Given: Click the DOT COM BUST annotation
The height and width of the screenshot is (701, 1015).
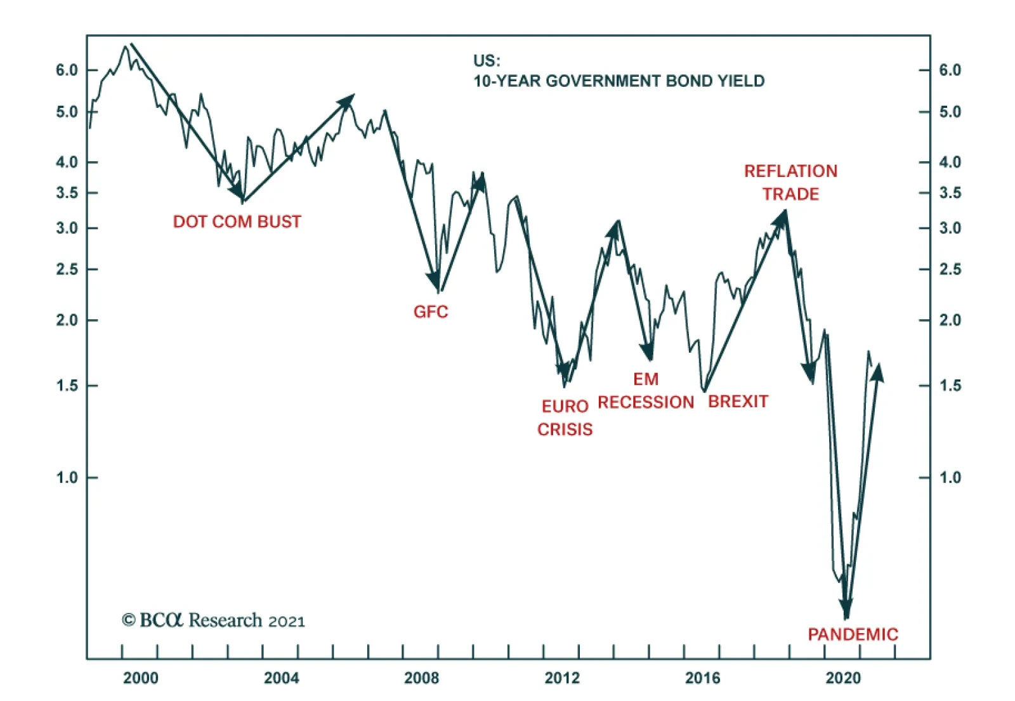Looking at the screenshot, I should pos(237,221).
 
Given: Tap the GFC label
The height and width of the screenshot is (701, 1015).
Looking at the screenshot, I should pos(431,311).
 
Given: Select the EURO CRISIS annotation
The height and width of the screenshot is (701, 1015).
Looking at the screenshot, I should pos(565,417).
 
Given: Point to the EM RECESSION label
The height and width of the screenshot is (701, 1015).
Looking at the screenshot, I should pos(646,391).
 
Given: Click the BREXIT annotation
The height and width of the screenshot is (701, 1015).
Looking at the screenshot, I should pos(738,402).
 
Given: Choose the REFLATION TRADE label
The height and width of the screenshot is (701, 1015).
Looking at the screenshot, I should pos(790,183).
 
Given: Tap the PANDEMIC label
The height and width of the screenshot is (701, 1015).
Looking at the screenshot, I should pos(853,634).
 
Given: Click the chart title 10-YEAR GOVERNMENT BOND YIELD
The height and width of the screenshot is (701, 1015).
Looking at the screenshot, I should pos(619,81).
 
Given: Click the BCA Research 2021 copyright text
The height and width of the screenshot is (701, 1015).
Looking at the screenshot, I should pos(213,620).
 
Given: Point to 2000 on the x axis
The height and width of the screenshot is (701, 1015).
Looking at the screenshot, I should pos(140,678).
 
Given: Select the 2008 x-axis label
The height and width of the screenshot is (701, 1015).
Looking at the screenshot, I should pos(421,678).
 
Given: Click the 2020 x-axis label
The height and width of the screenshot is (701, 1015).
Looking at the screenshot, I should pos(843,678).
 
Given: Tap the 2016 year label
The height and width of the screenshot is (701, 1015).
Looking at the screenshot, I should pos(702,678).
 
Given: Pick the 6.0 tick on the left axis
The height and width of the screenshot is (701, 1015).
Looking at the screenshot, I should pos(67,70).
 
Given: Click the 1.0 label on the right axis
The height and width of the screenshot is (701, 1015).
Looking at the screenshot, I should pos(950,477).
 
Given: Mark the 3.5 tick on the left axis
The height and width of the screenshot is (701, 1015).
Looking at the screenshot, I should pos(67,192).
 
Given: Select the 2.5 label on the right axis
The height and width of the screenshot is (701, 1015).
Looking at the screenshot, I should pos(950,269).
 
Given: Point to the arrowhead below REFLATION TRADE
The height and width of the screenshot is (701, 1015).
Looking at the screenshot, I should pos(782,218).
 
